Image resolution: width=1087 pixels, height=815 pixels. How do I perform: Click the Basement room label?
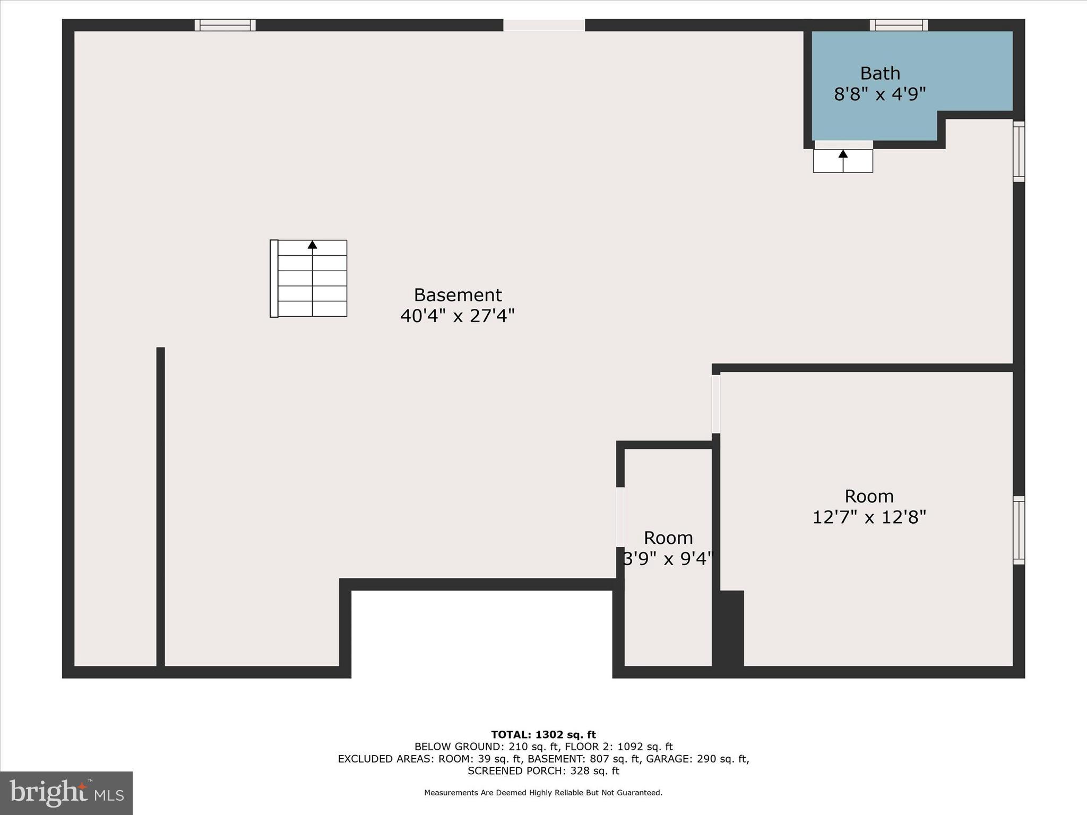click(458, 295)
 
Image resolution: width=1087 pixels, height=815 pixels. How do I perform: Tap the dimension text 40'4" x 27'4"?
click(458, 316)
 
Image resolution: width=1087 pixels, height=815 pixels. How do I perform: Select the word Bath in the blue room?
click(880, 73)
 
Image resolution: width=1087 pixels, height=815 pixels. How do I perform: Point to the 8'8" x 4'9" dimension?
click(880, 94)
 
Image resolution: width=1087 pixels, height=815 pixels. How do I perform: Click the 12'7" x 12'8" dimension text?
click(869, 517)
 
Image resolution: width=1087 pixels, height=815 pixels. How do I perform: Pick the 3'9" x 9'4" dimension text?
click(668, 559)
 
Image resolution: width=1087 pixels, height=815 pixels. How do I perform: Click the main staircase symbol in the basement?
click(309, 279)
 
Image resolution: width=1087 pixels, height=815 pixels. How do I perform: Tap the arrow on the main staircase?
click(312, 245)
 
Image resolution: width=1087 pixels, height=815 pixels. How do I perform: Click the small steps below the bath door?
click(843, 160)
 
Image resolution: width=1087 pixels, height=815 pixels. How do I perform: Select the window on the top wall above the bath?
click(899, 25)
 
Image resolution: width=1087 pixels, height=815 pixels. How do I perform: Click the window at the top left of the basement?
click(225, 25)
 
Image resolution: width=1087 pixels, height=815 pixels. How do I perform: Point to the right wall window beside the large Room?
click(1019, 530)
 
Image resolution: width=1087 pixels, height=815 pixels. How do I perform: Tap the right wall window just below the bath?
click(1019, 152)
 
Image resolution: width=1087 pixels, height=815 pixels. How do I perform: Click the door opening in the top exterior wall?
click(544, 25)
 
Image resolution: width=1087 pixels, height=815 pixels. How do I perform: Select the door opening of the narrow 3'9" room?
click(620, 516)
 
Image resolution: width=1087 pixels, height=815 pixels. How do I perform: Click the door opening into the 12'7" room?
click(716, 404)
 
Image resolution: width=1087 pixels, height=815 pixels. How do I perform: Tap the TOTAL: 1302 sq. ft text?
click(543, 735)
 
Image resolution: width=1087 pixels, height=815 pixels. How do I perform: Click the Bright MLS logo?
click(66, 793)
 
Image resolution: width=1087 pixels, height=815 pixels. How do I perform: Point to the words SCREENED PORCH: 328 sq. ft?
click(543, 771)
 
